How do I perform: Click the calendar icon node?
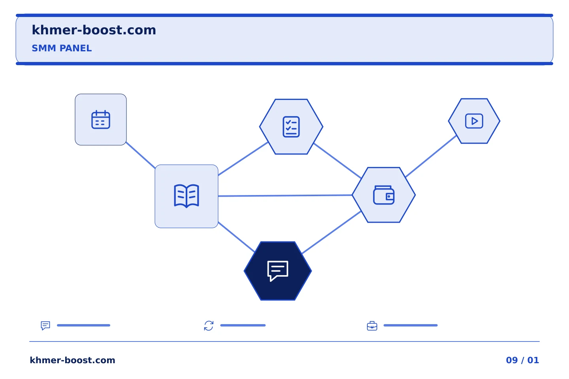(x=101, y=120)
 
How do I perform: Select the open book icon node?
(x=187, y=196)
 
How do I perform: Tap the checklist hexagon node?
(x=291, y=127)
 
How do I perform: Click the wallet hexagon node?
(x=384, y=195)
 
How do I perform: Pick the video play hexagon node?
(x=474, y=121)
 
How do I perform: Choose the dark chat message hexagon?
(x=278, y=271)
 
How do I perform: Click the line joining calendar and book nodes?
(x=141, y=155)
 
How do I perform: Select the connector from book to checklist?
(x=243, y=159)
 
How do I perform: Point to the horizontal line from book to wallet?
(x=285, y=195)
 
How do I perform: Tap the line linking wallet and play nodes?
(x=431, y=156)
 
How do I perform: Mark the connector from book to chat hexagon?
(x=236, y=237)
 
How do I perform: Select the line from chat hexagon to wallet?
(x=332, y=232)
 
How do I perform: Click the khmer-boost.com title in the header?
(x=94, y=30)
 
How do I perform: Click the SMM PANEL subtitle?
(x=62, y=48)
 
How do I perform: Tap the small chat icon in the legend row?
(x=45, y=325)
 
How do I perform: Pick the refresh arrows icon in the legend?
(x=209, y=326)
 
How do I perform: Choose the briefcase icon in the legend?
(x=372, y=326)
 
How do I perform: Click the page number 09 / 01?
(x=522, y=360)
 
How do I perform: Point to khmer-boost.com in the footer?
(x=72, y=360)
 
